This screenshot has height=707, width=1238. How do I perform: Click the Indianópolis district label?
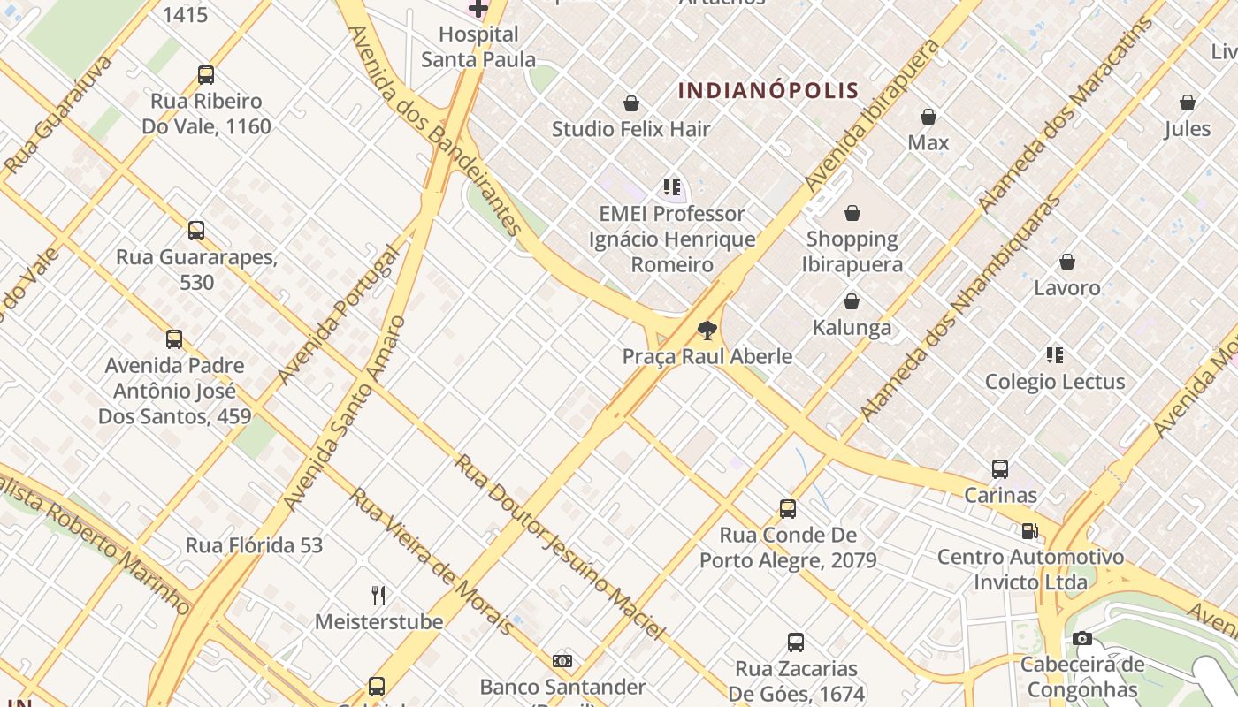768,90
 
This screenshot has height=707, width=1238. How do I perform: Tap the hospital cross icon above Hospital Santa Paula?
478,9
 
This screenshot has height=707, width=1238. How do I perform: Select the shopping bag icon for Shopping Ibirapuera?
852,213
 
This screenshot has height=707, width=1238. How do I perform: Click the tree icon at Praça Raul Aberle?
707,331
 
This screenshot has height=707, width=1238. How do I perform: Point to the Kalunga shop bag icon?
852,302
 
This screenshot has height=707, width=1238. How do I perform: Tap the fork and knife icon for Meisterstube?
378,595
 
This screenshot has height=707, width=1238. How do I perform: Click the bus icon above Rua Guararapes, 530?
196,231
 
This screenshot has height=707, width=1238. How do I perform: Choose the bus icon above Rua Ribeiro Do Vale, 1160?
206,75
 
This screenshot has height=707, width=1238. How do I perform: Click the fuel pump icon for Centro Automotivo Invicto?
1029,531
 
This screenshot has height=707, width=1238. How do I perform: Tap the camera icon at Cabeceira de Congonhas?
1081,639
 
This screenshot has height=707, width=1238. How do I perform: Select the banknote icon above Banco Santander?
562,661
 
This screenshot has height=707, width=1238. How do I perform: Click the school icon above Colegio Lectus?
1054,355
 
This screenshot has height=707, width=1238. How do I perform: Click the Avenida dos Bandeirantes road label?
435,130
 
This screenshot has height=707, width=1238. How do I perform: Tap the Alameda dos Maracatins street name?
1065,115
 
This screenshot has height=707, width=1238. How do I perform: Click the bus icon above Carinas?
1000,469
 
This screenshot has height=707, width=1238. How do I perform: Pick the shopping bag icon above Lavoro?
1067,262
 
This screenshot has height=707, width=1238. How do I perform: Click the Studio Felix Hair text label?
630,129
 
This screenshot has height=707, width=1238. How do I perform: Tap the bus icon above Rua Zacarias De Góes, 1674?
796,642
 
